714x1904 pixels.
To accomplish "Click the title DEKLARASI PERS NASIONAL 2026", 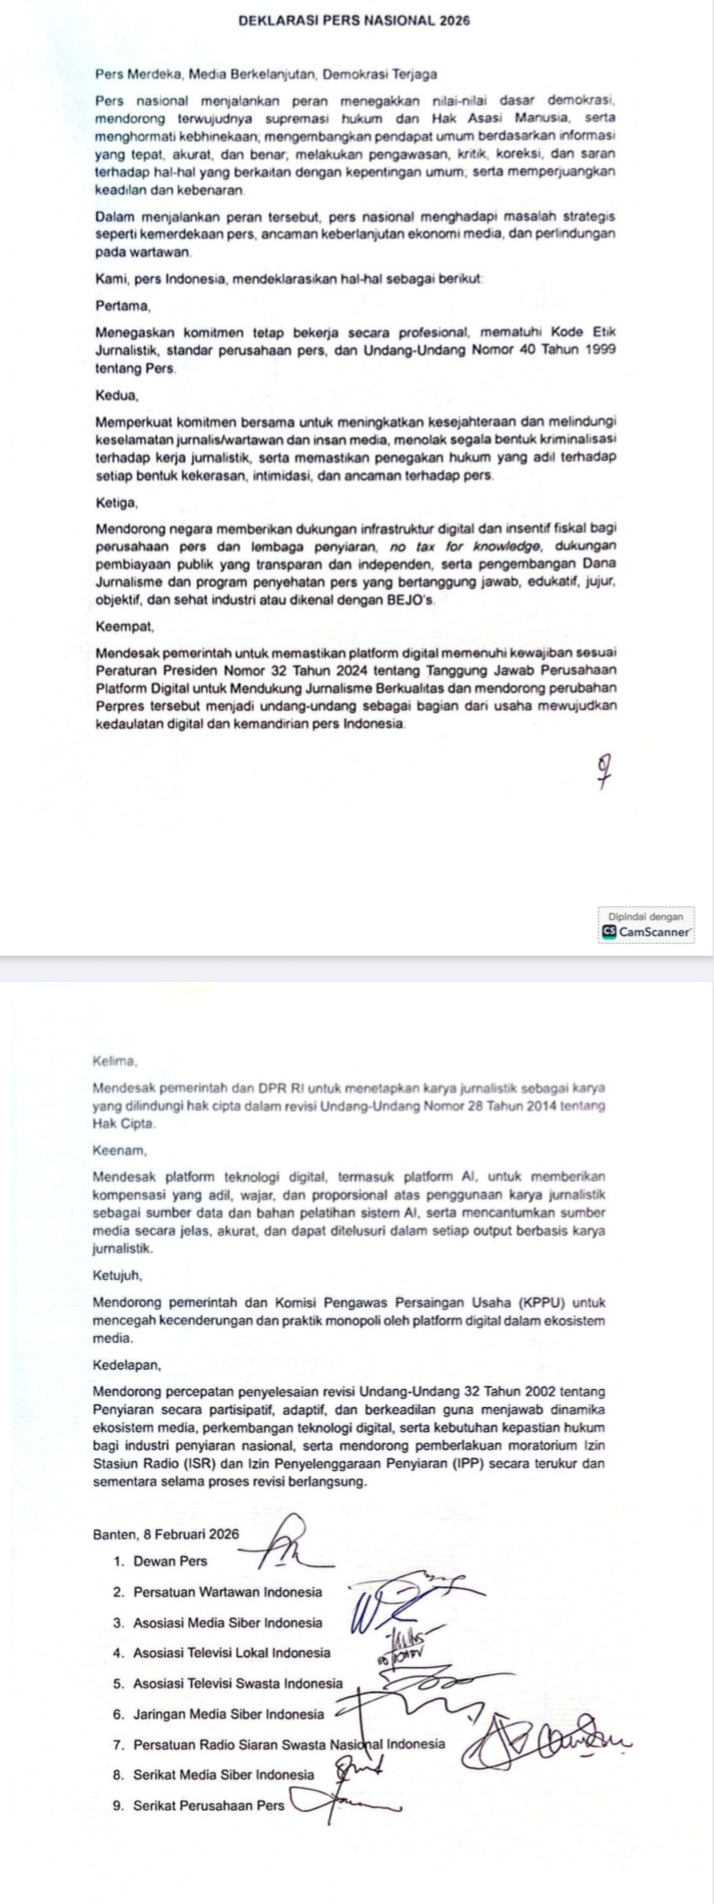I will coord(354,20).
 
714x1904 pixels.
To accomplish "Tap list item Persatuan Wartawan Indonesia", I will coord(227,1592).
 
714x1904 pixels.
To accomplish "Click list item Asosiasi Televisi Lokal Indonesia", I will coord(231,1654).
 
